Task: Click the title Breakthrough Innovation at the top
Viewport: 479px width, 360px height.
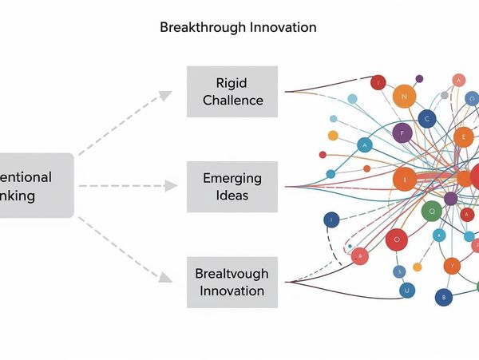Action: click(x=238, y=27)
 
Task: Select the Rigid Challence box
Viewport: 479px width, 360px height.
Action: click(x=232, y=91)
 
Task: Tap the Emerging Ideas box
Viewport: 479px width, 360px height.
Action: click(x=232, y=187)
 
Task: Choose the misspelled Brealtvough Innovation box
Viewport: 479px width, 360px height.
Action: click(x=232, y=282)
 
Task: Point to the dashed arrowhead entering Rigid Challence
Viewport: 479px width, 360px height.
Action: click(x=165, y=95)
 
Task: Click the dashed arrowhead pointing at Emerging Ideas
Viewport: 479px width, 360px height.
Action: click(x=171, y=186)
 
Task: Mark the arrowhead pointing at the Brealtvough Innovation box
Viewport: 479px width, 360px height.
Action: click(x=165, y=278)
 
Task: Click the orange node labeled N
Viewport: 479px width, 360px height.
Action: click(x=405, y=97)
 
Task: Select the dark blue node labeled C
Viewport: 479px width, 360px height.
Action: click(x=428, y=119)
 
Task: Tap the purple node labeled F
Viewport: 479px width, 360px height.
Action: click(x=402, y=133)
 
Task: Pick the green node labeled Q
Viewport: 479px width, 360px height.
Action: click(x=432, y=212)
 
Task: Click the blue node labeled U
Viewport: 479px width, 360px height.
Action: click(x=406, y=291)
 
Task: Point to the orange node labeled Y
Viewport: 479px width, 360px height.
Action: click(x=452, y=264)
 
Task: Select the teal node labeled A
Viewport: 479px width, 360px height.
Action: click(x=365, y=145)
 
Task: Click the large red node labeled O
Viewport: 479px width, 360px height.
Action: click(x=396, y=239)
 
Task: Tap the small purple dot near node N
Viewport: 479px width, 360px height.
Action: click(x=419, y=78)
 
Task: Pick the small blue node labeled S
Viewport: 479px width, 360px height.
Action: click(x=399, y=271)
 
